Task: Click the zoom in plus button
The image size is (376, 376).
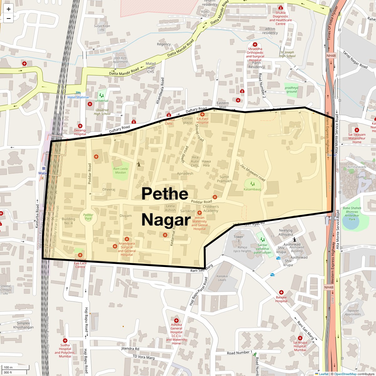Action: (8, 9)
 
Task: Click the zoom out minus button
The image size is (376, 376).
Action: (8, 18)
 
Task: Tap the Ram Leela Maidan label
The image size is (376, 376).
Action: (120, 171)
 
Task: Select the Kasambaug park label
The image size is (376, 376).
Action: (252, 189)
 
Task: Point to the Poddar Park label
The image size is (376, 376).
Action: (88, 217)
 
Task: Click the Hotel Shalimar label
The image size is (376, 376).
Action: (78, 97)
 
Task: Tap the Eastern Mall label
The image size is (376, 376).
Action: (223, 105)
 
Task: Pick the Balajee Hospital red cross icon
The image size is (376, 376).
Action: (281, 292)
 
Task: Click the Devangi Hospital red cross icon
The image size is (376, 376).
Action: (80, 126)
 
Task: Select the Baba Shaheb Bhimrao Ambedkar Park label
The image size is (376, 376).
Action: (352, 213)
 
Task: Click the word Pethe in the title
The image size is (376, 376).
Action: (165, 194)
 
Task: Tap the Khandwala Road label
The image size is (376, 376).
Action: (159, 91)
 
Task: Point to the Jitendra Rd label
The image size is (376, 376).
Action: (130, 348)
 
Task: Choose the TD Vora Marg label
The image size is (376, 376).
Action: (144, 357)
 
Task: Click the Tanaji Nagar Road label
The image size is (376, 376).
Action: (355, 60)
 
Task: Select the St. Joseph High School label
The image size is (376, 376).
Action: (287, 54)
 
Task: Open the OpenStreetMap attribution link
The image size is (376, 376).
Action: (345, 374)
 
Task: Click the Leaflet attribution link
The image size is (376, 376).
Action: (324, 374)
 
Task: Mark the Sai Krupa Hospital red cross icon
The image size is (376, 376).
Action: (300, 338)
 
